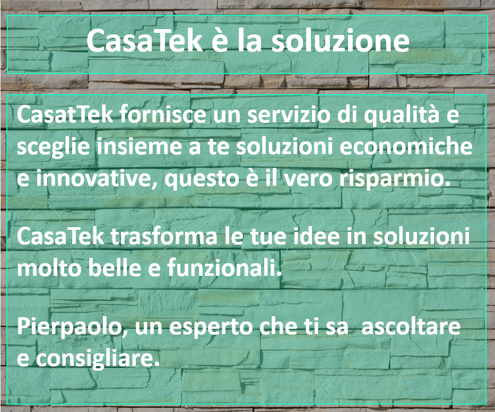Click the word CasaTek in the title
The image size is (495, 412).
144,40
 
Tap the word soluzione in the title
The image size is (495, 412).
340,40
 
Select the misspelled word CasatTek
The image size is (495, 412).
65,114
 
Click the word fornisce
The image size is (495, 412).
162,114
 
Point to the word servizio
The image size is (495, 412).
289,114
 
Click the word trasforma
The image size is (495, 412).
164,236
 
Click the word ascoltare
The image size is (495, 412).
411,326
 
